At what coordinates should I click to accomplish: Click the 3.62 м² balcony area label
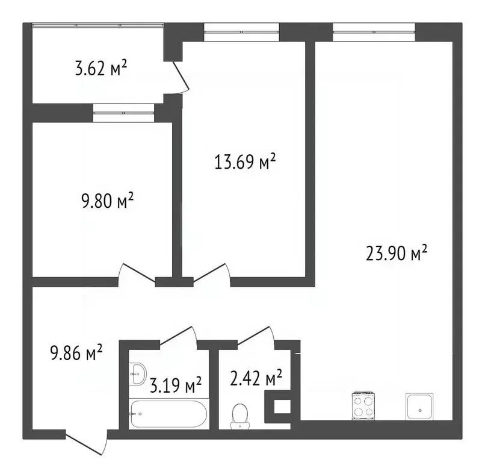point(100,69)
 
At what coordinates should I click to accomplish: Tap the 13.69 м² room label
point(245,162)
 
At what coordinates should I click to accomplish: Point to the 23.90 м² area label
point(397,253)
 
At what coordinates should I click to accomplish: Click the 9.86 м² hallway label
point(76,352)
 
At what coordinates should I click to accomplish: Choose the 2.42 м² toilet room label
point(256,379)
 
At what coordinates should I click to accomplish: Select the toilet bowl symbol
point(241,414)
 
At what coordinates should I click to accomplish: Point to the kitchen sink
point(420,407)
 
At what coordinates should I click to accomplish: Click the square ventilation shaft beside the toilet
point(280,407)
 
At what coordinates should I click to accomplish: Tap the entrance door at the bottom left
point(86,440)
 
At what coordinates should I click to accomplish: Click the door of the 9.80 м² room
point(137,274)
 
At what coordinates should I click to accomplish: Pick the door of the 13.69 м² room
point(211,274)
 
